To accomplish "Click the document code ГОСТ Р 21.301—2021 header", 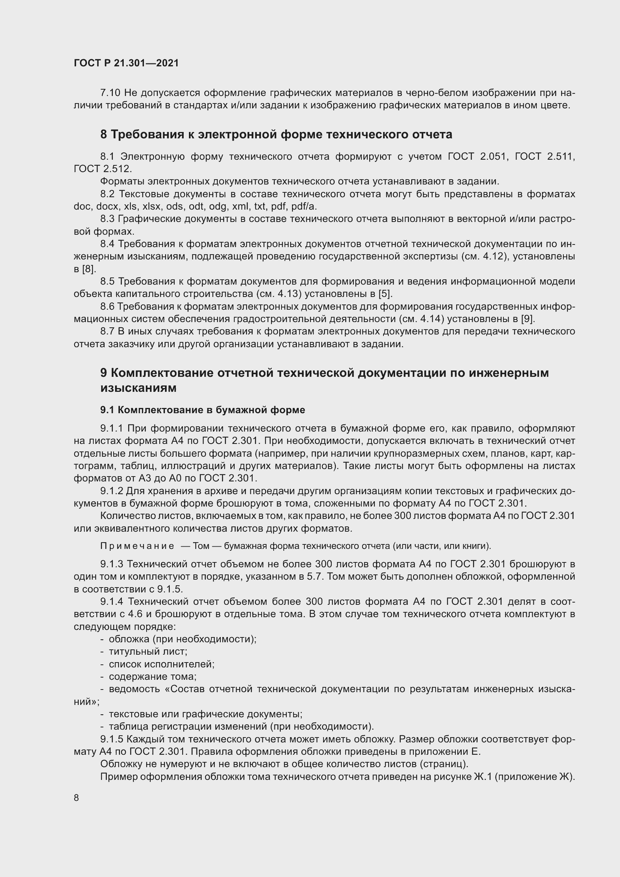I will coord(126,63).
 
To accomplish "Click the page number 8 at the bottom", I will coord(76,798).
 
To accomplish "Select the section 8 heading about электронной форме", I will coord(276,135).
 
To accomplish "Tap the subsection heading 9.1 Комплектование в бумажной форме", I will coord(202,410).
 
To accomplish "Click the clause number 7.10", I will coord(110,93).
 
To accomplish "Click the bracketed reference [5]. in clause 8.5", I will coord(386,294).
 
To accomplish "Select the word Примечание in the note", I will coord(137,546).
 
